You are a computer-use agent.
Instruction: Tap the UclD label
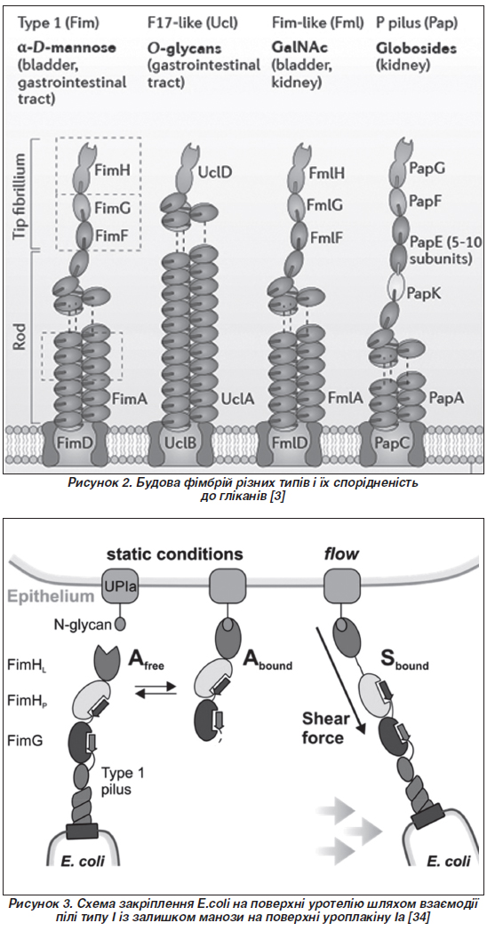[x=216, y=172]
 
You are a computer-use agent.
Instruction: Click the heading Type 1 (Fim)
[x=58, y=24]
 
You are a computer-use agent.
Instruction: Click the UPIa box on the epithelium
[x=116, y=586]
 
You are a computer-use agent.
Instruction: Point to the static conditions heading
[x=174, y=554]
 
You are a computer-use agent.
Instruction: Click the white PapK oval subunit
[x=393, y=287]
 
